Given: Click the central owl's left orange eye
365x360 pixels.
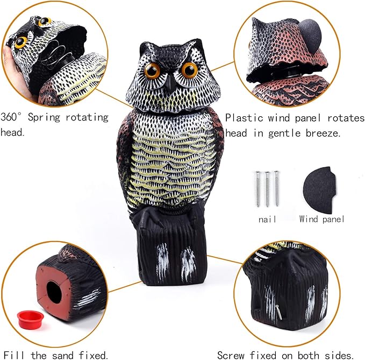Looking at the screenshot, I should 152,70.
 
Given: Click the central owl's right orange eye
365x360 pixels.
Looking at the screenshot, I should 189,69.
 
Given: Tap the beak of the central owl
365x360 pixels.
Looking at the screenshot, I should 170,82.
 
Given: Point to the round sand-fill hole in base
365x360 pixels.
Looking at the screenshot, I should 53,292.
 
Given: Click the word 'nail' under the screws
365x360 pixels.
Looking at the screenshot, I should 267,219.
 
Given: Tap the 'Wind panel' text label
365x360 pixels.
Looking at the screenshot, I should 321,219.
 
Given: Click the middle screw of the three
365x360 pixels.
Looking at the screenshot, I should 267,188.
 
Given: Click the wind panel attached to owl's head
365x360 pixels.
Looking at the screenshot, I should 310,33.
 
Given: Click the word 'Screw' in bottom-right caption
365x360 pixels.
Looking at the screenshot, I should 232,355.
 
